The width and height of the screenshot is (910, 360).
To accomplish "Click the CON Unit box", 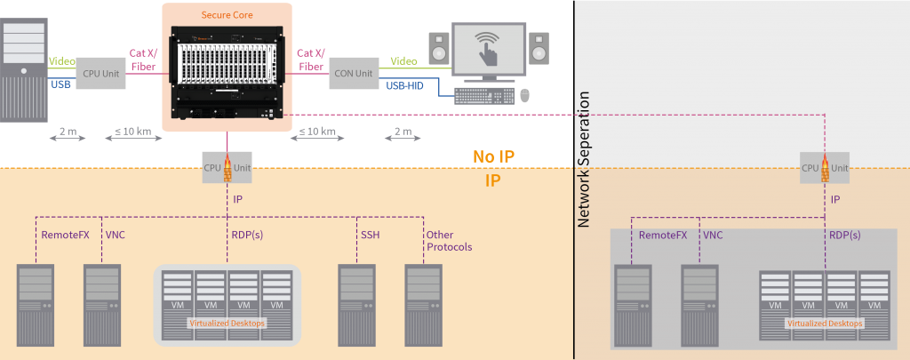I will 352,73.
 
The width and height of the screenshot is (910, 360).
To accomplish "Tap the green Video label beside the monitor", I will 403,61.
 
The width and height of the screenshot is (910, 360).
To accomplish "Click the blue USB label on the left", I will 60,85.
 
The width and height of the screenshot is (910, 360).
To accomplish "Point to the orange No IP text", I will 494,156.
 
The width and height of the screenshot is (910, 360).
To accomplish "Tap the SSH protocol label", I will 371,234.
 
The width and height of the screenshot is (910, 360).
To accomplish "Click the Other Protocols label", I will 446,240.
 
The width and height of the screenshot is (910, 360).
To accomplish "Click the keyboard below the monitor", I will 484,95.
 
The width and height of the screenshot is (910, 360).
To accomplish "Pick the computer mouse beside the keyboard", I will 525,95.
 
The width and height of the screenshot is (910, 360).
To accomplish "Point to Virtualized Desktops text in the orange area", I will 227,324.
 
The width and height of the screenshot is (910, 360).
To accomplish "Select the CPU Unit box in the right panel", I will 823,167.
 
